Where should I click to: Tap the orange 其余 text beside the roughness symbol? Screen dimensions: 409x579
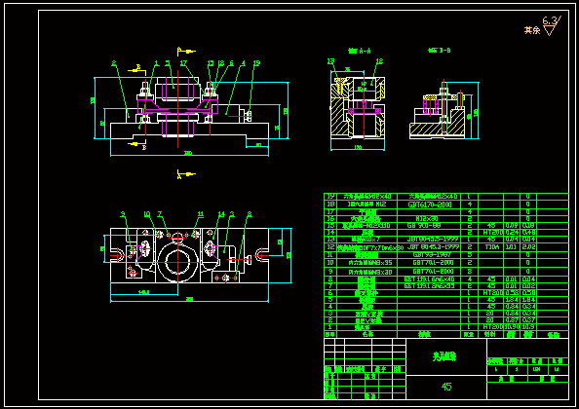tap(531, 30)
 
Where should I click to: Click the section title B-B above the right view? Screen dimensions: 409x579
tap(440, 49)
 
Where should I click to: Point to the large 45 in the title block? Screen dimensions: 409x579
tap(446, 387)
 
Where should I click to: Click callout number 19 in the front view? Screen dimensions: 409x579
tap(255, 63)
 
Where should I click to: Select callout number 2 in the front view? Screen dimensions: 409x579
tap(114, 63)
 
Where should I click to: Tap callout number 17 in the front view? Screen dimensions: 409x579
tap(182, 63)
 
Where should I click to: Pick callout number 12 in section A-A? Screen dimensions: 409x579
tap(330, 61)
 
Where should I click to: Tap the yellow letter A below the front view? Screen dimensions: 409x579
tap(178, 175)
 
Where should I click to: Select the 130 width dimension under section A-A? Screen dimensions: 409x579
tap(357, 148)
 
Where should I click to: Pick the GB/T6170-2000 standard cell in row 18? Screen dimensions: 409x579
tap(432, 204)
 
